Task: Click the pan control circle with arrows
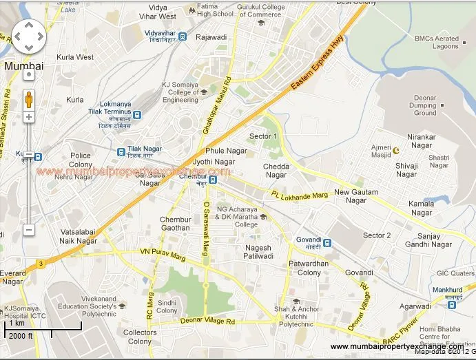pos(28,36)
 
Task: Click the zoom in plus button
pos(29,117)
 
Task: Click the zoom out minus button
pos(29,229)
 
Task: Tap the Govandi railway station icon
pos(327,242)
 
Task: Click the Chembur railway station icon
pos(213,180)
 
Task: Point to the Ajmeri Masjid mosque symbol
pos(396,150)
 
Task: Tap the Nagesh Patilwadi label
pos(258,252)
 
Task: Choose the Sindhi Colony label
pos(167,306)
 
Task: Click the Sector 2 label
pos(377,235)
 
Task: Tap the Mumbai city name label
pos(24,67)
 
